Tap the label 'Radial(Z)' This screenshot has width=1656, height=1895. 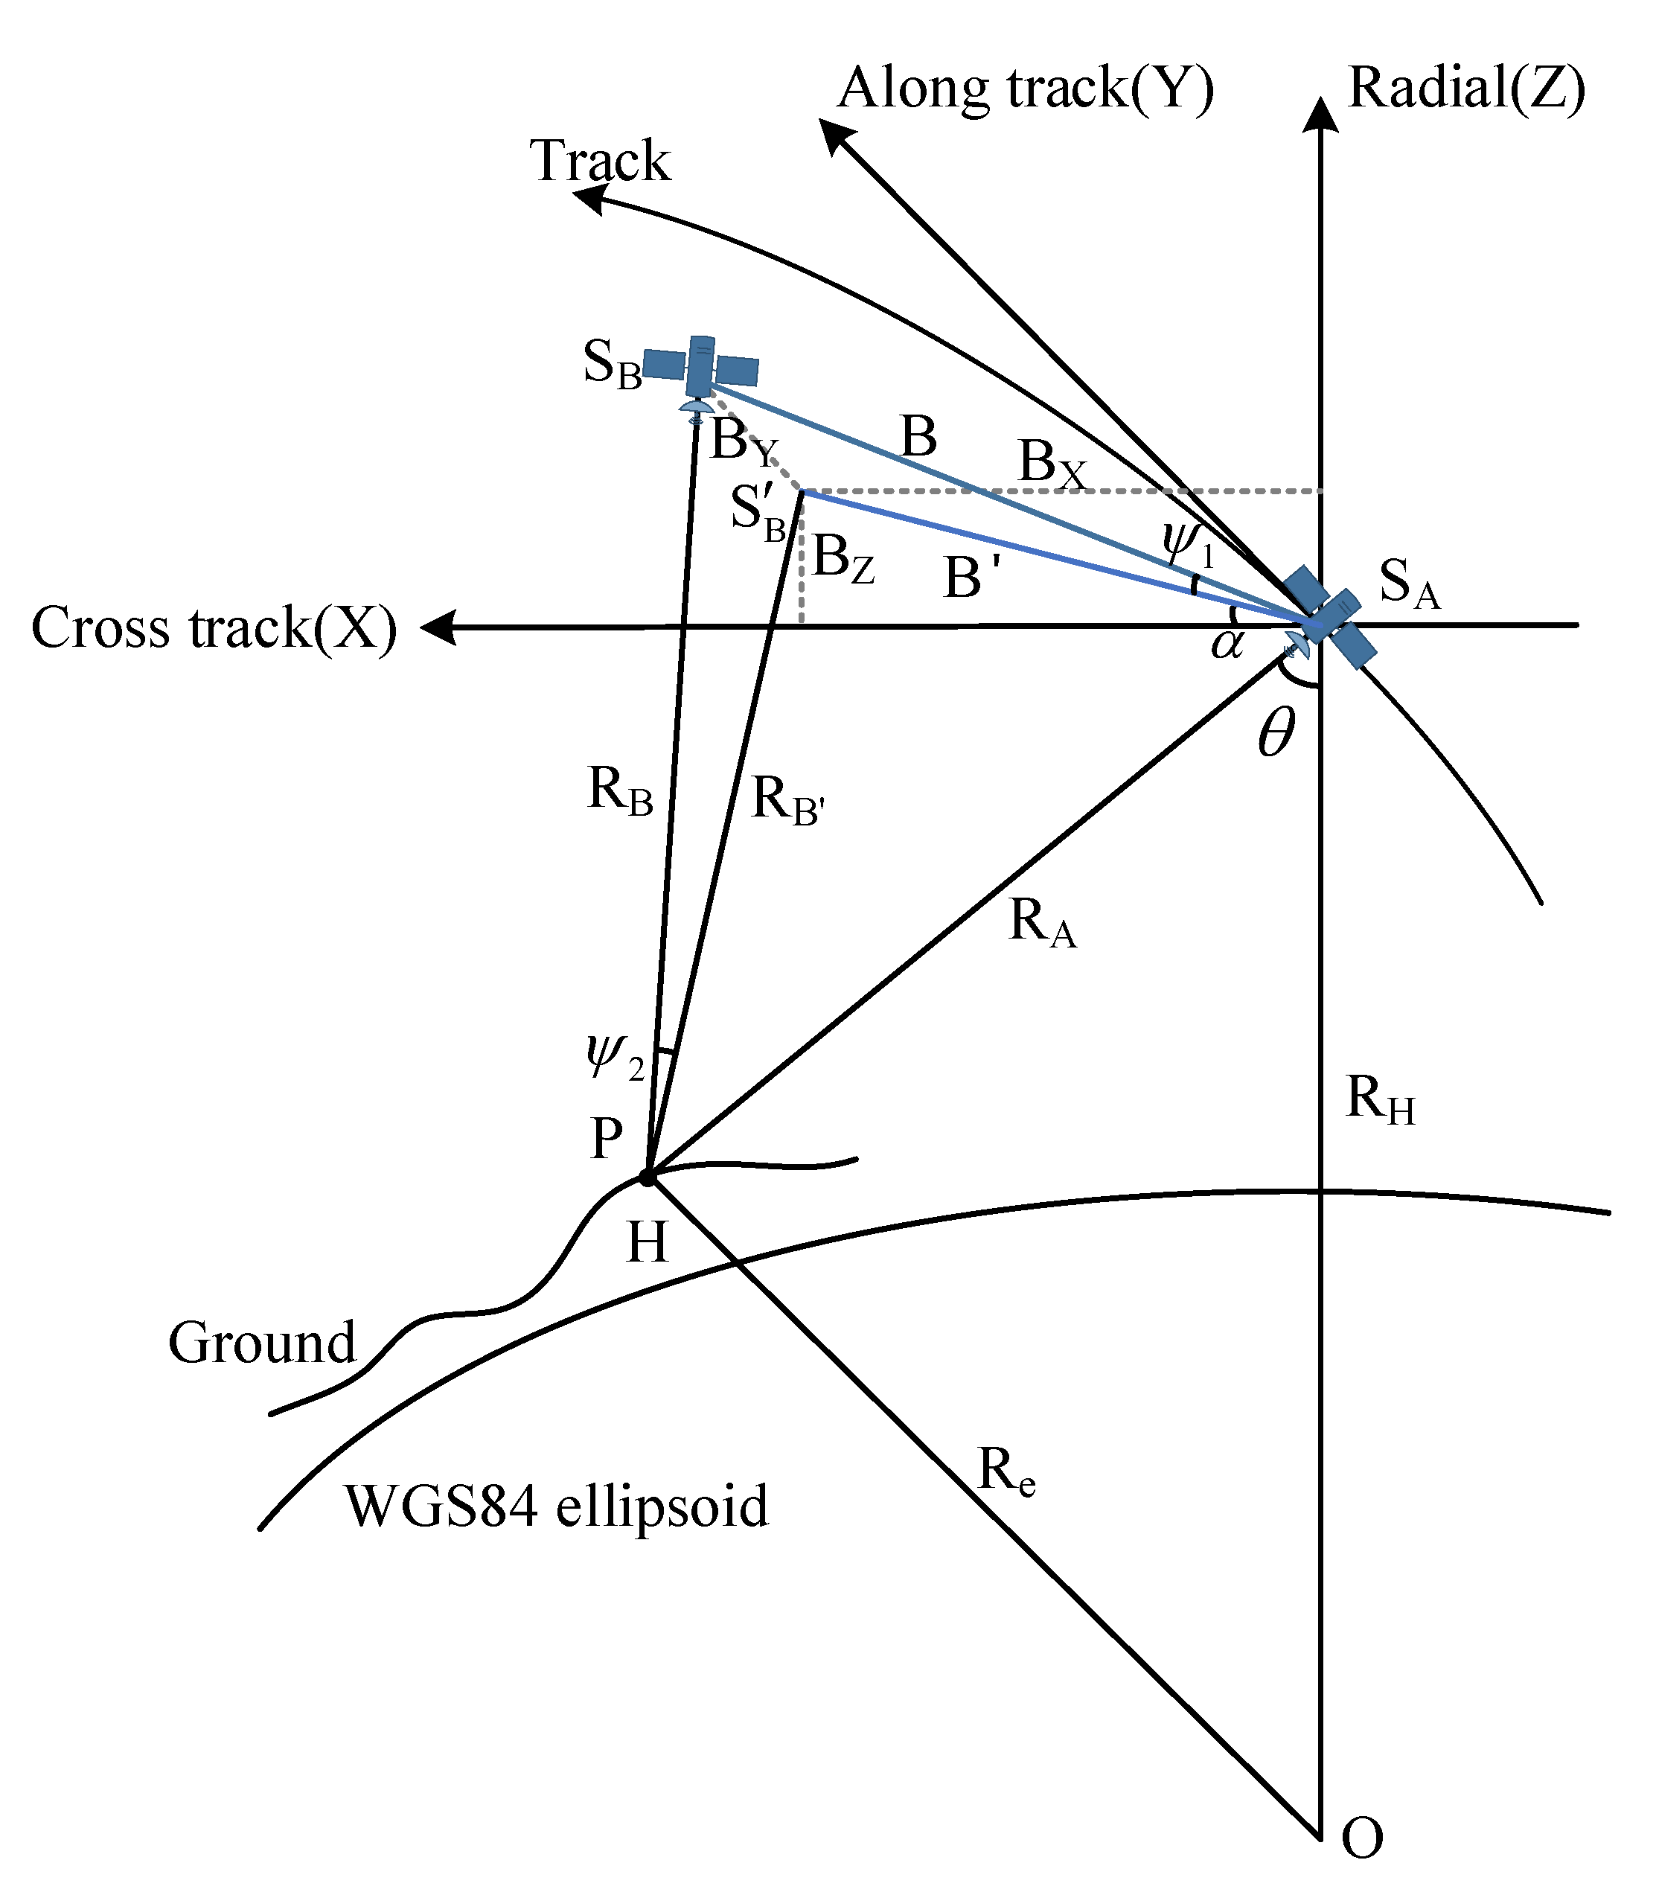pos(1466,89)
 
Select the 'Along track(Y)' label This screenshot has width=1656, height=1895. pos(1026,89)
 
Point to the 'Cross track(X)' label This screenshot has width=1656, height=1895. pos(214,628)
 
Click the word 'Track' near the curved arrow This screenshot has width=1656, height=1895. pos(600,161)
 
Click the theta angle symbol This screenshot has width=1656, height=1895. pos(1276,735)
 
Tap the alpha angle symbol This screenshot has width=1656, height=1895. pos(1227,642)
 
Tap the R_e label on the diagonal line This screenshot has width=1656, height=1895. pos(1006,1470)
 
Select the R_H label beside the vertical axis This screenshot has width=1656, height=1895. pos(1380,1099)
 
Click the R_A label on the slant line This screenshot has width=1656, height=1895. pos(1041,923)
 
